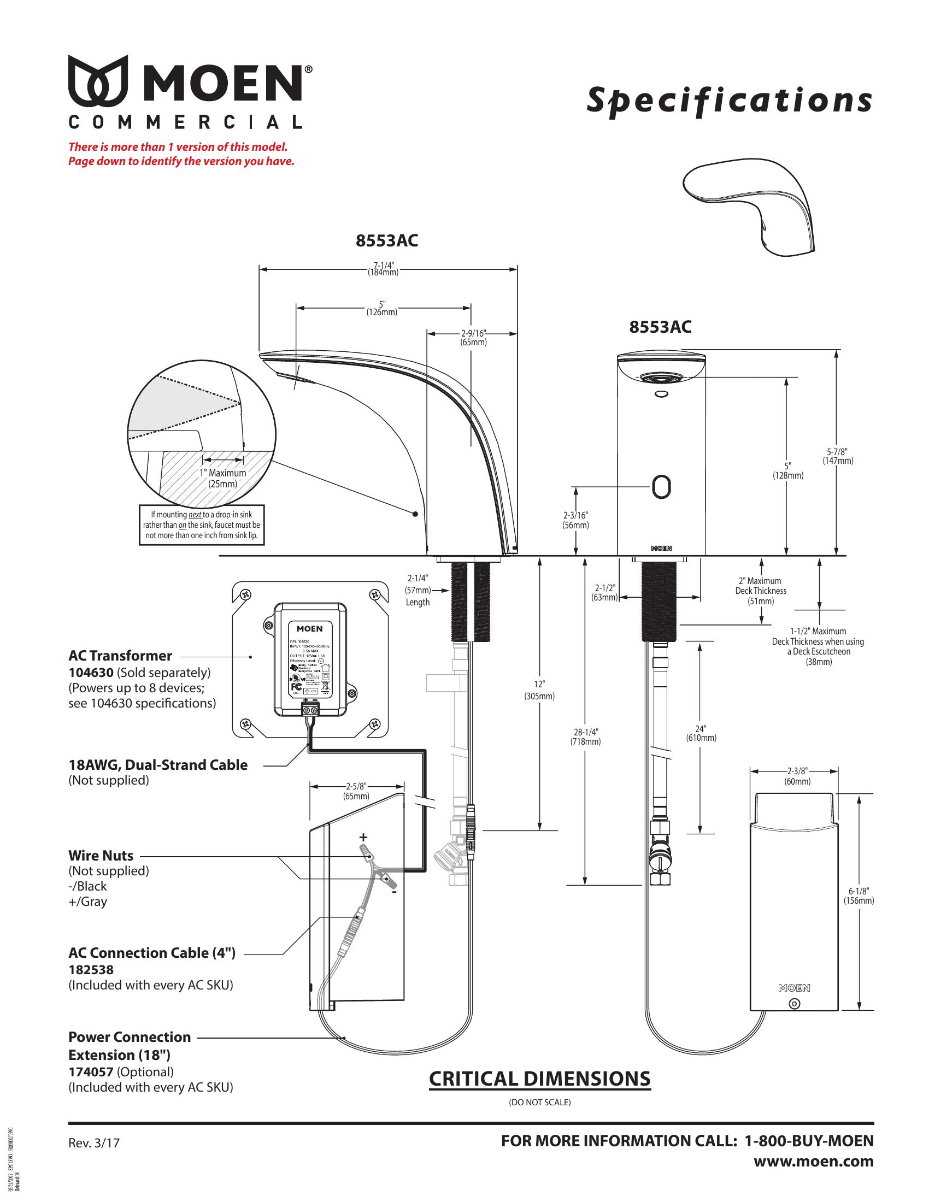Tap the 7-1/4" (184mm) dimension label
[383, 269]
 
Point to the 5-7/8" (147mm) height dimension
[838, 456]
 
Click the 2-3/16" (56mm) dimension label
[575, 520]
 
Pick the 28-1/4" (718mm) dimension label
[585, 736]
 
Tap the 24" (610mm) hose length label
[701, 733]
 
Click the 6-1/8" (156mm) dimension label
[859, 896]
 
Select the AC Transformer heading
[120, 656]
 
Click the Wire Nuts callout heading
[101, 855]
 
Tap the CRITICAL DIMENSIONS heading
[539, 1079]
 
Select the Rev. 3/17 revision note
[93, 1142]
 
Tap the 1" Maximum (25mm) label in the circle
[223, 478]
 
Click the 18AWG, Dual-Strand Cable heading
[158, 764]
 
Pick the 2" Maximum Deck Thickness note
[761, 591]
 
